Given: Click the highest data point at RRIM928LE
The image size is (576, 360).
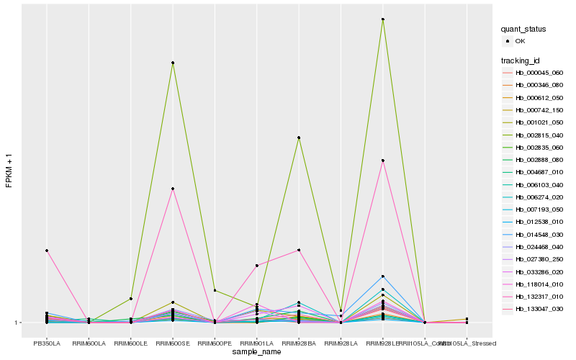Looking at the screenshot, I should pyautogui.click(x=383, y=19).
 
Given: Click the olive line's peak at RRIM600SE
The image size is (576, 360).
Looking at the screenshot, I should pyautogui.click(x=173, y=63).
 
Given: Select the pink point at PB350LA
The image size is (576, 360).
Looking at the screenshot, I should pyautogui.click(x=47, y=251).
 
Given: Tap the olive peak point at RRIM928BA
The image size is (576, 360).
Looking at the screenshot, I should pyautogui.click(x=299, y=138).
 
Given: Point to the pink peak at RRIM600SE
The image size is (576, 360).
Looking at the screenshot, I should pyautogui.click(x=173, y=189).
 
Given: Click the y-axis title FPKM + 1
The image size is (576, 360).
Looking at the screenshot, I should pyautogui.click(x=9, y=171).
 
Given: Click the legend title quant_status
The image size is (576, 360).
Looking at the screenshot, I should pyautogui.click(x=523, y=30).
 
